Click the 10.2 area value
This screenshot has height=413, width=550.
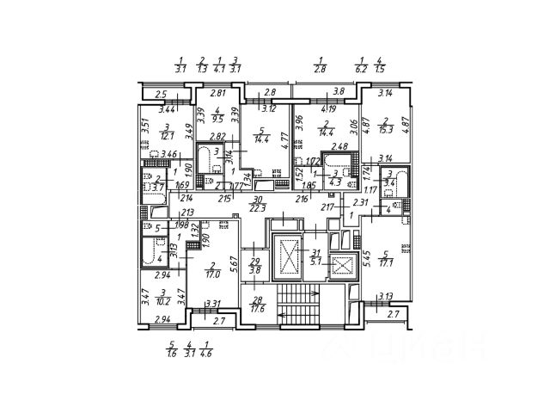(163, 302)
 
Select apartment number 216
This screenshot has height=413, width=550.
(302, 199)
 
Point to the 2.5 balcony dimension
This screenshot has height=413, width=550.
(159, 95)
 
